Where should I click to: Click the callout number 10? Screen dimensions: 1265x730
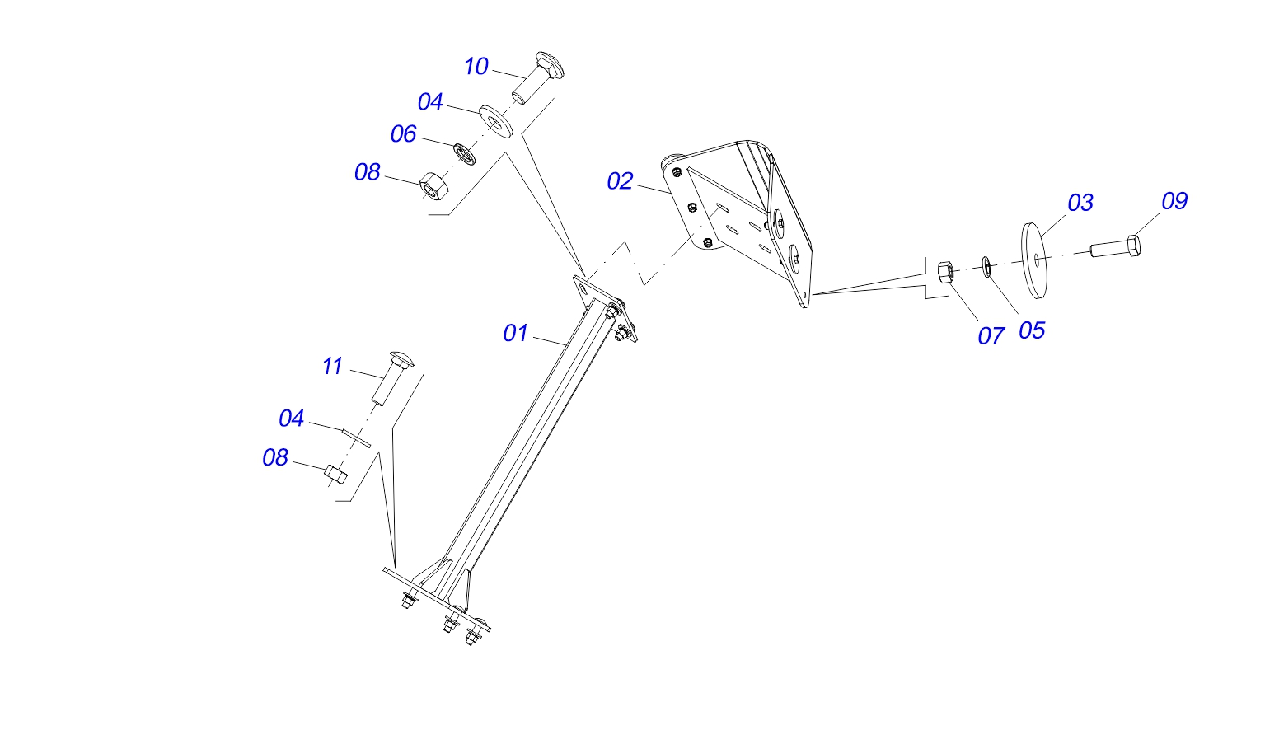476,67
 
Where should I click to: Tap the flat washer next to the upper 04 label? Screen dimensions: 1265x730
495,119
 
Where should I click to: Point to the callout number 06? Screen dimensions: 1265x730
403,134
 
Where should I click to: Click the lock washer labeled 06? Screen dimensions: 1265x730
465,153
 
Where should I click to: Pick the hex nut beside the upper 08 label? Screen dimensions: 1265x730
433,185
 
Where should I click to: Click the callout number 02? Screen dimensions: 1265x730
620,182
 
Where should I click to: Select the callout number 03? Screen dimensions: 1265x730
1080,203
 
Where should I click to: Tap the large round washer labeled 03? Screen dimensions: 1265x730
1034,260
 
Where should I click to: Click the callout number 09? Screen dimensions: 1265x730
1174,201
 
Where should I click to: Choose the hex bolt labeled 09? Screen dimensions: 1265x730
1115,246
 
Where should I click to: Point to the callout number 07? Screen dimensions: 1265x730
991,336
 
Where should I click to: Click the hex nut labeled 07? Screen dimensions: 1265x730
946,272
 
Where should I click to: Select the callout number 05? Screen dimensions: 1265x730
1032,331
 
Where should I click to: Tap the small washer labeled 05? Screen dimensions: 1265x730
986,266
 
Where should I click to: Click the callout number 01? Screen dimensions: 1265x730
516,333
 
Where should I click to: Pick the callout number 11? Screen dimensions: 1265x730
332,367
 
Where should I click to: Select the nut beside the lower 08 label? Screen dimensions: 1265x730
335,475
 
